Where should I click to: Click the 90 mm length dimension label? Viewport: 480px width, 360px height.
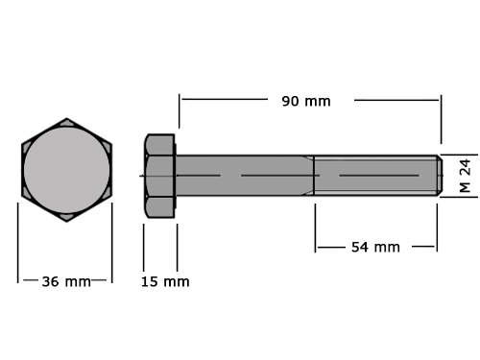306,101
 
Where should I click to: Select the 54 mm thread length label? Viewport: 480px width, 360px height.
375,247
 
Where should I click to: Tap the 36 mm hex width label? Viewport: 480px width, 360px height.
66,281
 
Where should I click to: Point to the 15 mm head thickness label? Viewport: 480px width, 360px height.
165,281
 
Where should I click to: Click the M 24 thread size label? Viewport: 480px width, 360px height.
465,176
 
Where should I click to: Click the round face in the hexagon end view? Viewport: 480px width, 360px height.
67,170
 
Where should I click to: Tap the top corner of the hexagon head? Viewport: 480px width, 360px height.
67,118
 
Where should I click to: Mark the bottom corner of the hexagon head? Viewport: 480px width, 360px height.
67,221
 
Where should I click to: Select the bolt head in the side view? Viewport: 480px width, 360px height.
159,176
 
